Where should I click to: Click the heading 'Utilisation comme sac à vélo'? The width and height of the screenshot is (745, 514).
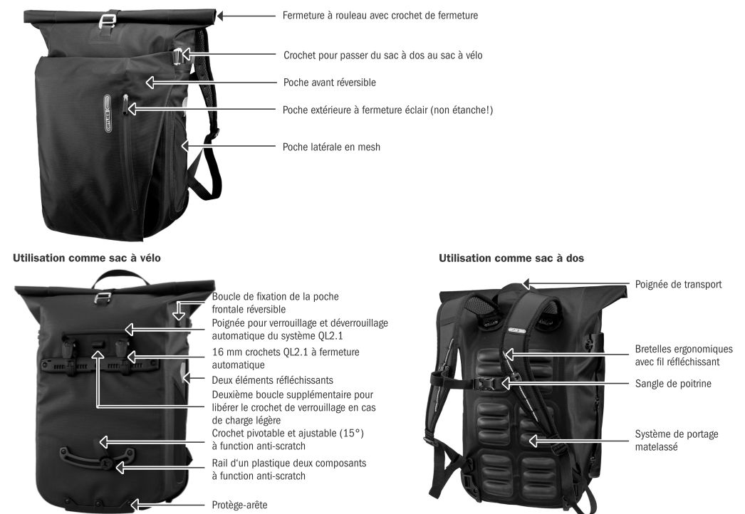(x=86, y=258)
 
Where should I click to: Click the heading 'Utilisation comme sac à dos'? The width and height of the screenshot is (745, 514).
(x=511, y=258)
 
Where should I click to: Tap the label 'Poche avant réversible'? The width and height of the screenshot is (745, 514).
(x=329, y=82)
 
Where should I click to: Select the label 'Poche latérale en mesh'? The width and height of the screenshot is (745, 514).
(x=331, y=147)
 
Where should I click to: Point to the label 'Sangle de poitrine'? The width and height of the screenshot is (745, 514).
(x=673, y=383)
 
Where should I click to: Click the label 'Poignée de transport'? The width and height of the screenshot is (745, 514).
(x=678, y=284)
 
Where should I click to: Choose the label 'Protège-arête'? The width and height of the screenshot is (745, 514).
(x=239, y=505)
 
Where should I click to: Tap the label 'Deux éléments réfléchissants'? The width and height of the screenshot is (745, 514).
(x=272, y=380)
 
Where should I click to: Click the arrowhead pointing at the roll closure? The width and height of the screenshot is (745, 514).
(x=222, y=16)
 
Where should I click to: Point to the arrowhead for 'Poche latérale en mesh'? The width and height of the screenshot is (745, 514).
(x=185, y=146)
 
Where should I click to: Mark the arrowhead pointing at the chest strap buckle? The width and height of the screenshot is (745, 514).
(x=506, y=383)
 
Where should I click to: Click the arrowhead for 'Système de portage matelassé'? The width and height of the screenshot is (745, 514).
(x=533, y=441)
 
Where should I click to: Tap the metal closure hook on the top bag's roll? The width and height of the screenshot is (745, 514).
(x=108, y=22)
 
